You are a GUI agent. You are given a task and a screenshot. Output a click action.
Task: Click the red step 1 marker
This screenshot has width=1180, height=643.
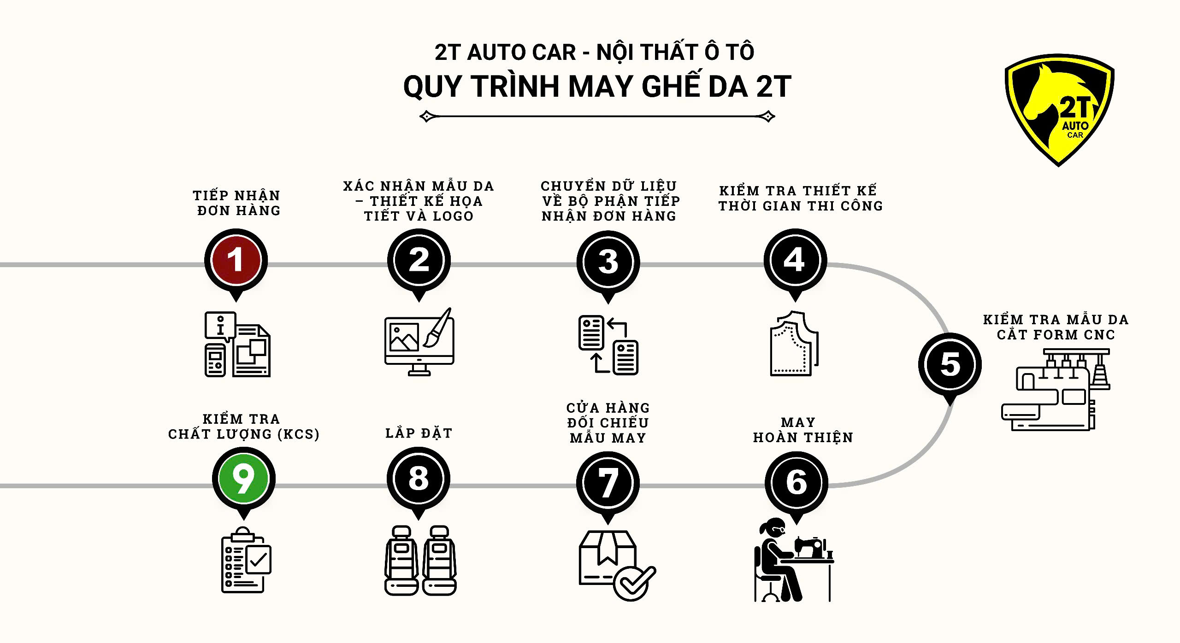point(236,261)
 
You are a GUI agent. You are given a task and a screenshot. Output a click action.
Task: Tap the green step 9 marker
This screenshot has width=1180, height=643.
point(244,479)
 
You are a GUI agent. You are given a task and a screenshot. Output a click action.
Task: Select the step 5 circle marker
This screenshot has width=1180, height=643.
point(950,365)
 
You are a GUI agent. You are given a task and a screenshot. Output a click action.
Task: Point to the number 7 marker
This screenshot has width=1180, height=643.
point(608,483)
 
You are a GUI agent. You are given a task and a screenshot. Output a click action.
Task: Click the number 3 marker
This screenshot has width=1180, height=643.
point(608,263)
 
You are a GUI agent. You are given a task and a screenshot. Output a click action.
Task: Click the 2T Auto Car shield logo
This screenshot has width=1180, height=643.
point(1059,110)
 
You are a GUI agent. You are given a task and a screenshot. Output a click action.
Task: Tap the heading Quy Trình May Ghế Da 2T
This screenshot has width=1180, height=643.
point(597,87)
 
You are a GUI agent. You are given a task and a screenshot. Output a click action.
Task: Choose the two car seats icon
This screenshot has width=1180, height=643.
point(420,561)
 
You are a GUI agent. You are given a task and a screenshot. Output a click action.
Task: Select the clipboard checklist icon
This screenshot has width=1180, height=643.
point(246,560)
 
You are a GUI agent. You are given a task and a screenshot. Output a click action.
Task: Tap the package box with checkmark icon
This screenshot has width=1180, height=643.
point(617,566)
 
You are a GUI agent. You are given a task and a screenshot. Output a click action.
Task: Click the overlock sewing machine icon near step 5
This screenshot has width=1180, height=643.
point(1056,390)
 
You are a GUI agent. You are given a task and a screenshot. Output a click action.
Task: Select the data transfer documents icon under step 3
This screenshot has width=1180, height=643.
point(608,345)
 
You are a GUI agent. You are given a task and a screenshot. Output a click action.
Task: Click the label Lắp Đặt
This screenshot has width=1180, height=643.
point(419,433)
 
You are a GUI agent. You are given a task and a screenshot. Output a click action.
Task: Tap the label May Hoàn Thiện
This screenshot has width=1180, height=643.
point(803,430)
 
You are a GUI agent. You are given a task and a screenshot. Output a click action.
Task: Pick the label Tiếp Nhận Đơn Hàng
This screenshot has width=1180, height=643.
point(237,203)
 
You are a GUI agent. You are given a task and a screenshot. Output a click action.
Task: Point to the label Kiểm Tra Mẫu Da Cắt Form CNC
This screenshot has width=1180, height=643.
point(1056,327)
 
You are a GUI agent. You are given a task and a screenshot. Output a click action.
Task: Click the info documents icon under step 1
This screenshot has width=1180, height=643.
point(237,345)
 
